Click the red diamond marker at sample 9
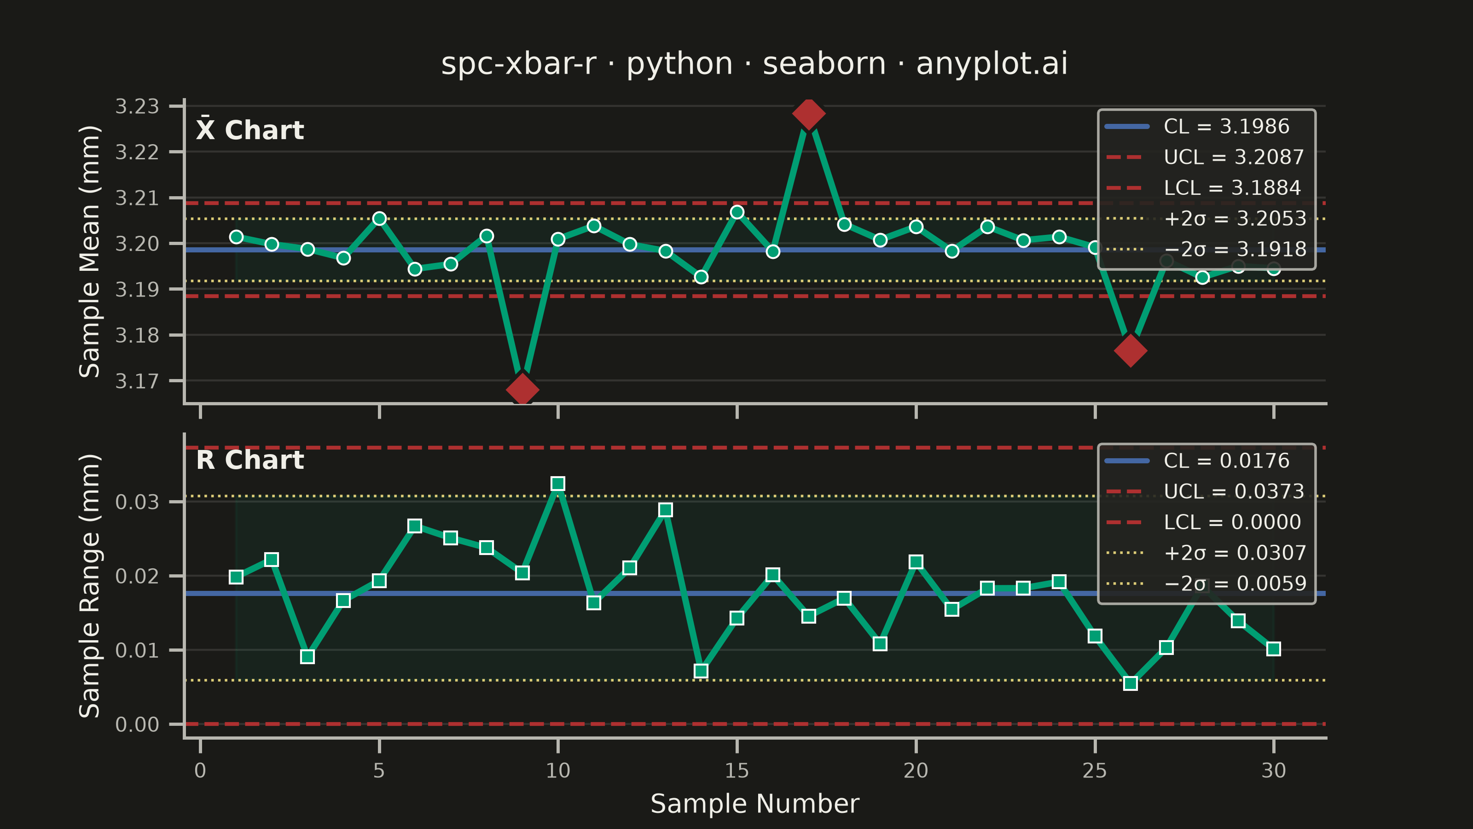coord(522,390)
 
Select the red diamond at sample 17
coord(809,113)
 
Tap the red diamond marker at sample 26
coord(1131,350)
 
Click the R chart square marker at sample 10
coord(558,484)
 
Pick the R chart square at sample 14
coord(701,671)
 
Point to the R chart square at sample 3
coord(307,657)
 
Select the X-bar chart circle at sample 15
coord(737,212)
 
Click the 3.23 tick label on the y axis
coord(137,106)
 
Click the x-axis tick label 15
coord(736,771)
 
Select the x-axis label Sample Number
coord(755,804)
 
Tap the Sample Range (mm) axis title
coord(90,586)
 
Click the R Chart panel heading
coord(250,460)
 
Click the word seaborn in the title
coord(824,64)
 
